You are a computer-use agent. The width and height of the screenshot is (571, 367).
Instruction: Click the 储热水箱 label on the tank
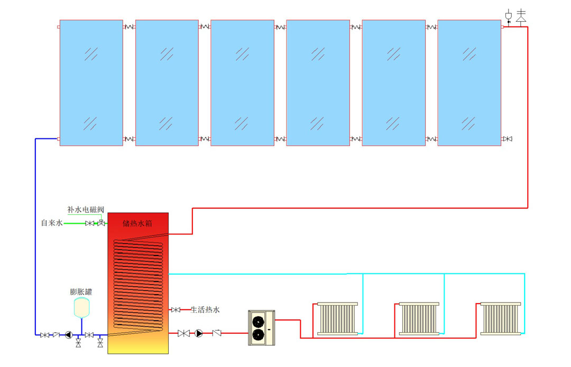pyautogui.click(x=138, y=223)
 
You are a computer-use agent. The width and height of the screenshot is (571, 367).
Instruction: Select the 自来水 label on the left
pyautogui.click(x=52, y=223)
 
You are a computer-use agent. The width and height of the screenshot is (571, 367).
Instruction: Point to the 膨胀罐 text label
pyautogui.click(x=81, y=291)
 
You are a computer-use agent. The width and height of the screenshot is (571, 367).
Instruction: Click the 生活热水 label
pyautogui.click(x=205, y=309)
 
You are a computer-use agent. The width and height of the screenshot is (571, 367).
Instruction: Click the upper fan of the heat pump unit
pyautogui.click(x=259, y=321)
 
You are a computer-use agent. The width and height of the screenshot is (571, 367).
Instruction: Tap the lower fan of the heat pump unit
pyautogui.click(x=259, y=335)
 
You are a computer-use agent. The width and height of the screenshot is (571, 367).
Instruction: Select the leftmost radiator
pyautogui.click(x=337, y=318)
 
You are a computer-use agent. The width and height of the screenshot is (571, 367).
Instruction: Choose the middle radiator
pyautogui.click(x=419, y=318)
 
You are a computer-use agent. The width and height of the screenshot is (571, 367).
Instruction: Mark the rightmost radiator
pyautogui.click(x=501, y=318)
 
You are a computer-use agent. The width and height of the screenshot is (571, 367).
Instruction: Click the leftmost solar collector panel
pyautogui.click(x=91, y=82)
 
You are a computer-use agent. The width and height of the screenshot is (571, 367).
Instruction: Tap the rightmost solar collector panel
pyautogui.click(x=469, y=82)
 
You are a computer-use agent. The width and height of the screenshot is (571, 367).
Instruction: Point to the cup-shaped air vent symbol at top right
pyautogui.click(x=509, y=15)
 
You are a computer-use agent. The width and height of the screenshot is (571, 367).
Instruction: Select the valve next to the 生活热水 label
pyautogui.click(x=176, y=309)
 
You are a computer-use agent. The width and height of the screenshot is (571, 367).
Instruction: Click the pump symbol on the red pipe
pyautogui.click(x=199, y=333)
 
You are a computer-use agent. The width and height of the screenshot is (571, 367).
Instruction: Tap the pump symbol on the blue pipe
pyautogui.click(x=69, y=335)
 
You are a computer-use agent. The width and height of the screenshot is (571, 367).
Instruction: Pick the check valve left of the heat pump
pyautogui.click(x=217, y=333)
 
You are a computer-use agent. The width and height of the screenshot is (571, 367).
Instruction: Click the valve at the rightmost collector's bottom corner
pyautogui.click(x=508, y=139)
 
